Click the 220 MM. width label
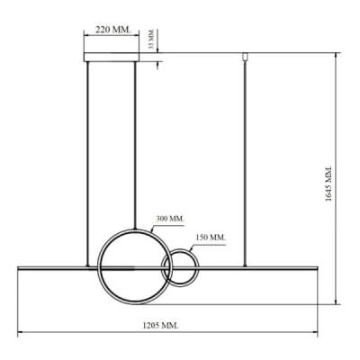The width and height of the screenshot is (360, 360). (112, 29)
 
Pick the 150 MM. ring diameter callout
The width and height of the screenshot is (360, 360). (210, 238)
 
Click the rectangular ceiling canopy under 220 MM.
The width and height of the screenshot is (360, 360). (111, 58)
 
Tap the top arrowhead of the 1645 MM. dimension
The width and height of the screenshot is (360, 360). (336, 55)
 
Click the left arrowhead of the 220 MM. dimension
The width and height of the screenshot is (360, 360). (86, 37)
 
